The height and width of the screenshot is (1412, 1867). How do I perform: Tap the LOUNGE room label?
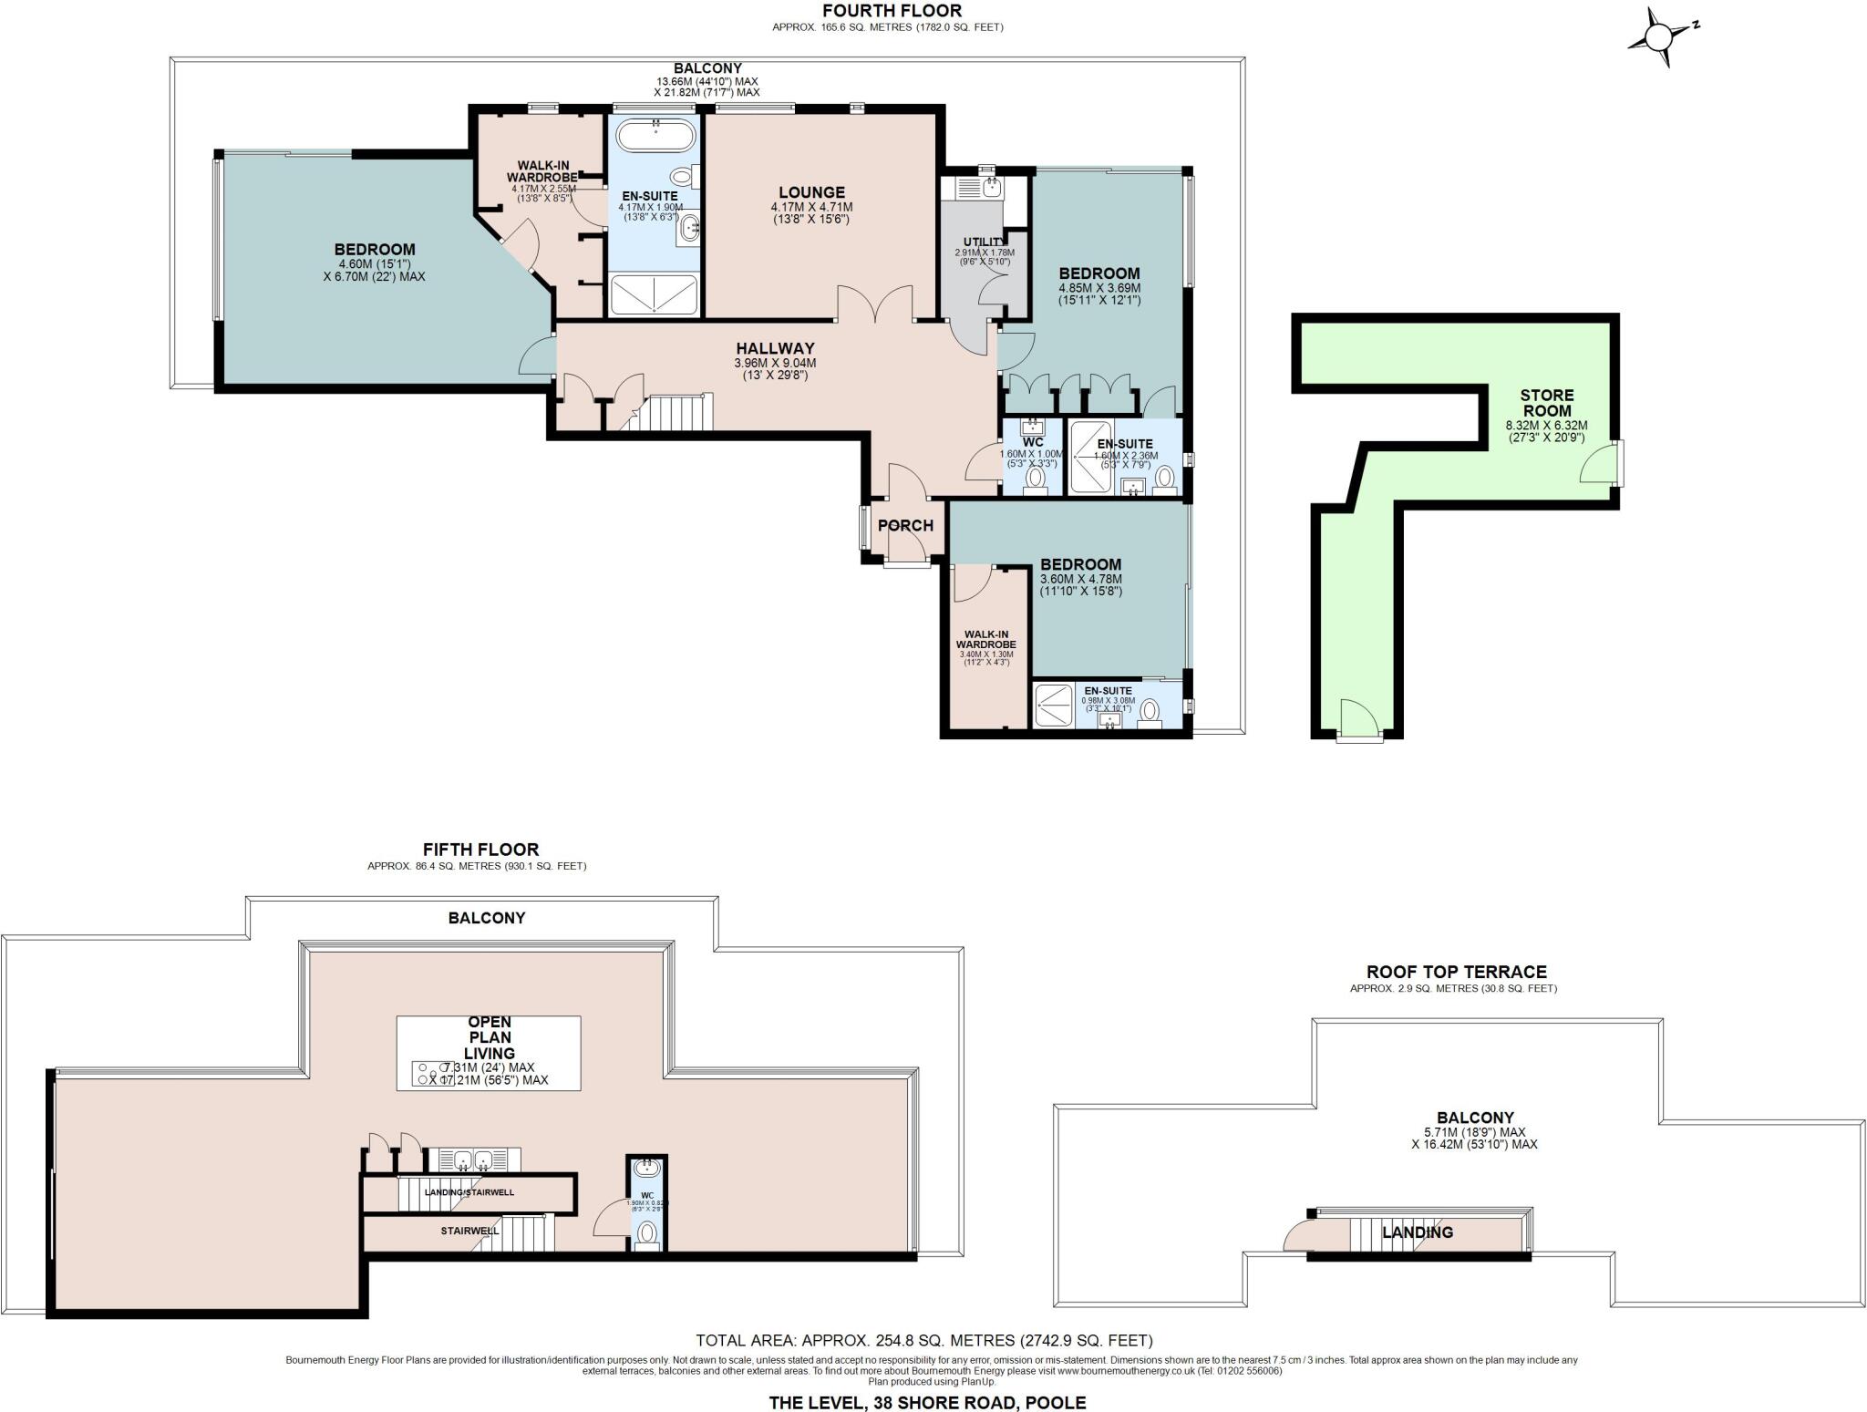(811, 192)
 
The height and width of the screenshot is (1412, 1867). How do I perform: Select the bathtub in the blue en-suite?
(655, 137)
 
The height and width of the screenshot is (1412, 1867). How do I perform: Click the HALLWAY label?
(775, 348)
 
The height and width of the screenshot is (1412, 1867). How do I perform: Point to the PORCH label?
(905, 526)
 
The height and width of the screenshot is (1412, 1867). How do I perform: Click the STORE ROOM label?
(1546, 403)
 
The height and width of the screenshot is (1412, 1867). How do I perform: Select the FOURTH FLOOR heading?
(892, 11)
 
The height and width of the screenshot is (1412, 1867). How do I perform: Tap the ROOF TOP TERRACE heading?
(1456, 972)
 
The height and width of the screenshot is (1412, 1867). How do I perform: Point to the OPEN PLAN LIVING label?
(489, 1037)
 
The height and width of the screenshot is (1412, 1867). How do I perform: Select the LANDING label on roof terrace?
(1417, 1232)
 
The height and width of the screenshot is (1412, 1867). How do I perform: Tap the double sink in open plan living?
(473, 1160)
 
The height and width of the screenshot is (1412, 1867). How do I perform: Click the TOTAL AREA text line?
(923, 1340)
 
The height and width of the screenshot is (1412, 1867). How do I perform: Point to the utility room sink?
(990, 187)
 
